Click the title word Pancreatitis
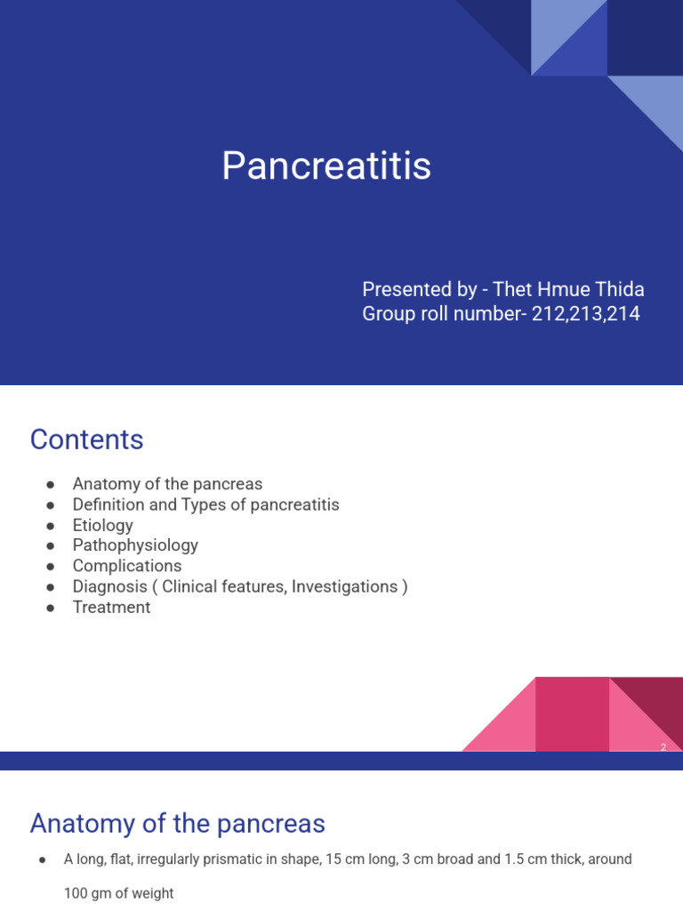[326, 165]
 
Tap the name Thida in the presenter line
[620, 289]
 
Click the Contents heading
[86, 439]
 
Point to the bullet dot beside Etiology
[51, 526]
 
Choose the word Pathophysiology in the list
[135, 545]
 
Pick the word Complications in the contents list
[127, 566]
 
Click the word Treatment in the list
[111, 607]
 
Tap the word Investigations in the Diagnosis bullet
[344, 587]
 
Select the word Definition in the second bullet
[108, 504]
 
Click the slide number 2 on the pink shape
[663, 747]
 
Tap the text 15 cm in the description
[342, 859]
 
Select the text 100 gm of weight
[118, 893]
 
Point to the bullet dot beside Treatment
[51, 608]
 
